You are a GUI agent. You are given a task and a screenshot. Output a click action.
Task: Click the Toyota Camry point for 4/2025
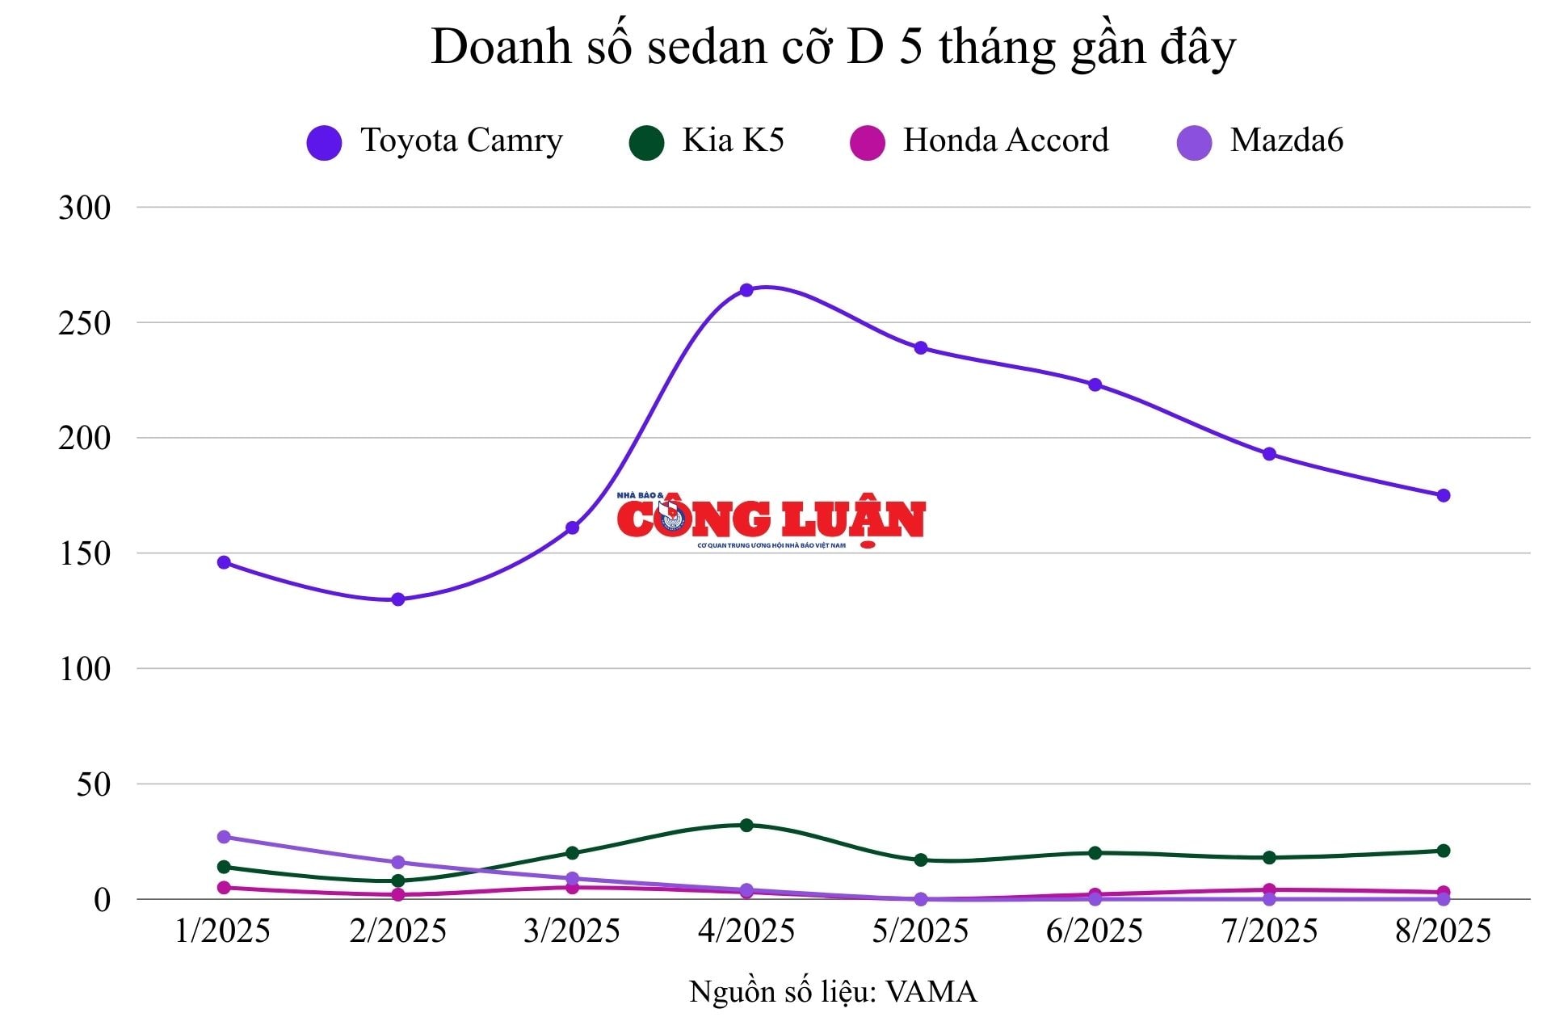[x=746, y=290]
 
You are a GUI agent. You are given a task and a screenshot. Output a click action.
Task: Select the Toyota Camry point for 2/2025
[x=398, y=599]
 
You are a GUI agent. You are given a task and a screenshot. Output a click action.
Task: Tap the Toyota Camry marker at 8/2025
[x=1444, y=495]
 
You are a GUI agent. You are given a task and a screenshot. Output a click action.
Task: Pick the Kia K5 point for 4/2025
[x=746, y=825]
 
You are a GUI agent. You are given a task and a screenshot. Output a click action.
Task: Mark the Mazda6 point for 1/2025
[x=224, y=837]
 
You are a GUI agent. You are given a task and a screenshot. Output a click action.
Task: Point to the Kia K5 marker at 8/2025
[x=1444, y=851]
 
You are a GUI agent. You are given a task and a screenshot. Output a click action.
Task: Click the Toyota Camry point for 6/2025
[x=1095, y=385]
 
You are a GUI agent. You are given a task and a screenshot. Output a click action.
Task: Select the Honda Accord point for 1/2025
[x=224, y=888]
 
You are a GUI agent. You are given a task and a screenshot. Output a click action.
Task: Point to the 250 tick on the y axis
[x=84, y=323]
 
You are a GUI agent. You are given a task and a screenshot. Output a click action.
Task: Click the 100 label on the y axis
[x=84, y=669]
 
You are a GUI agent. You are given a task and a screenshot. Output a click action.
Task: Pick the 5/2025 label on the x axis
[x=920, y=931]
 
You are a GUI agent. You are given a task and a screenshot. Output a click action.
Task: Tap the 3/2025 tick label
[x=572, y=931]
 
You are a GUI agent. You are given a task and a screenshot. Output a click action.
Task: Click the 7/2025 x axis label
[x=1269, y=931]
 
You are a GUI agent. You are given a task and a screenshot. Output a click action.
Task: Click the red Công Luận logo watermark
[x=771, y=519]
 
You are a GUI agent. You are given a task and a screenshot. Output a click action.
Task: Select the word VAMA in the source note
[x=931, y=992]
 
